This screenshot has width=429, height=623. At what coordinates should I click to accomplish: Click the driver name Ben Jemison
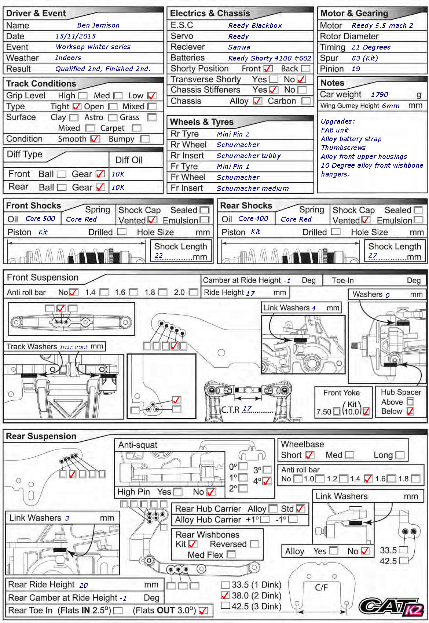point(98,25)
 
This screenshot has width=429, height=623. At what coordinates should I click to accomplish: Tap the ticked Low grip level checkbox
point(151,96)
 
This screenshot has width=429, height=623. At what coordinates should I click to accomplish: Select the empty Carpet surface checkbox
point(136,128)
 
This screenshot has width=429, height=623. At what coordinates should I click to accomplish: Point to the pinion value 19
point(356,69)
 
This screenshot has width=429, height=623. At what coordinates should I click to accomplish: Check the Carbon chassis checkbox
point(306,101)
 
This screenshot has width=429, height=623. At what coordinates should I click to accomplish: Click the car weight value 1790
point(379,95)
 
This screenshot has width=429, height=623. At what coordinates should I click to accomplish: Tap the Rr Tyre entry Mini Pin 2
point(233,134)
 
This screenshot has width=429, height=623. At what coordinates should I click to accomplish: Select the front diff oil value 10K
point(118,174)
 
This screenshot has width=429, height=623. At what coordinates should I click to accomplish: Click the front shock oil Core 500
point(40,219)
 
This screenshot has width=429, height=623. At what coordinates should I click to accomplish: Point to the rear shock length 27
point(373,255)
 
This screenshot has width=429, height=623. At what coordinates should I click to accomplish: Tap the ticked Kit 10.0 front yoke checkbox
point(366,412)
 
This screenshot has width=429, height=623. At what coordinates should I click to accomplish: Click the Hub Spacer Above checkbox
point(410,402)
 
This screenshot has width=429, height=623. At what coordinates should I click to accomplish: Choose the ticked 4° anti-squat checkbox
point(267,481)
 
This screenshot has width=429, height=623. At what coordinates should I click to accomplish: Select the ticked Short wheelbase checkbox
point(310,455)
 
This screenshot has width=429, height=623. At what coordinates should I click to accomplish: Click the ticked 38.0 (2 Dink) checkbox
point(225,595)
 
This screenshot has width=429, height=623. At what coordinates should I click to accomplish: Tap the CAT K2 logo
point(391,606)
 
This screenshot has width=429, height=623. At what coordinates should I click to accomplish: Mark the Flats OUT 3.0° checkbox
point(203,611)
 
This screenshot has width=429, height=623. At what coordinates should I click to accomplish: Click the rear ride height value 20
point(84,585)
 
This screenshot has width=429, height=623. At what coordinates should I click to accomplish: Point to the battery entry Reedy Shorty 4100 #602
point(269,58)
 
